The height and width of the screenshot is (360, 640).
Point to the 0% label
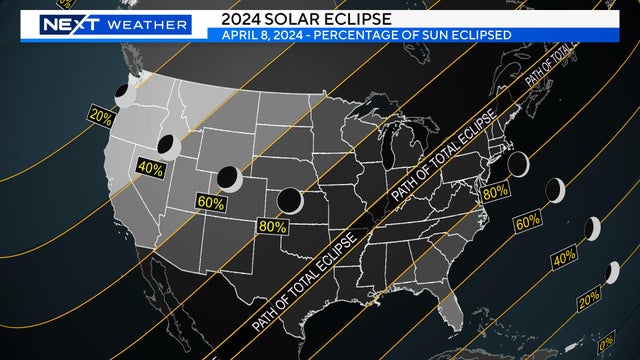pos(605,343)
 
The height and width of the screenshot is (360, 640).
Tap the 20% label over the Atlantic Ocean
pos(589,297)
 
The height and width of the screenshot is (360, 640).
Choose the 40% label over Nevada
pos(150,168)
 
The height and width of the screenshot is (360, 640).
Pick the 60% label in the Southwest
pos(212,202)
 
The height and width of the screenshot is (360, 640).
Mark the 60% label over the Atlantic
pos(528,220)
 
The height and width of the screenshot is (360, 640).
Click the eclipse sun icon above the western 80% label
pos(290,200)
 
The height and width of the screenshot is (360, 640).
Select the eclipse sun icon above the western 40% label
pos(166,146)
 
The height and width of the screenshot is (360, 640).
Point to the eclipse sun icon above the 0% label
pos(611,272)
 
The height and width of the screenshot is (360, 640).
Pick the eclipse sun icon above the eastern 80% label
pos(518,163)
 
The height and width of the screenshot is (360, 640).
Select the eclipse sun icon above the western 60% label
pos(230,179)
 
